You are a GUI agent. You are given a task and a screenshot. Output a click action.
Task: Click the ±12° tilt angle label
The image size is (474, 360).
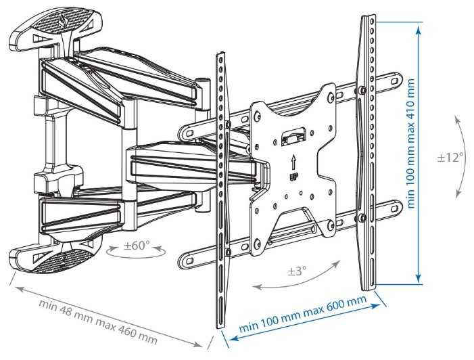coord(450,157)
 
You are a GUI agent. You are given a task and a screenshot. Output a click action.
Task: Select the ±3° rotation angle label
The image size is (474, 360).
coord(297,271)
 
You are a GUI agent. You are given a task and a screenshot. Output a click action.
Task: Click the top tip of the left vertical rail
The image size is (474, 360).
coord(219,53)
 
